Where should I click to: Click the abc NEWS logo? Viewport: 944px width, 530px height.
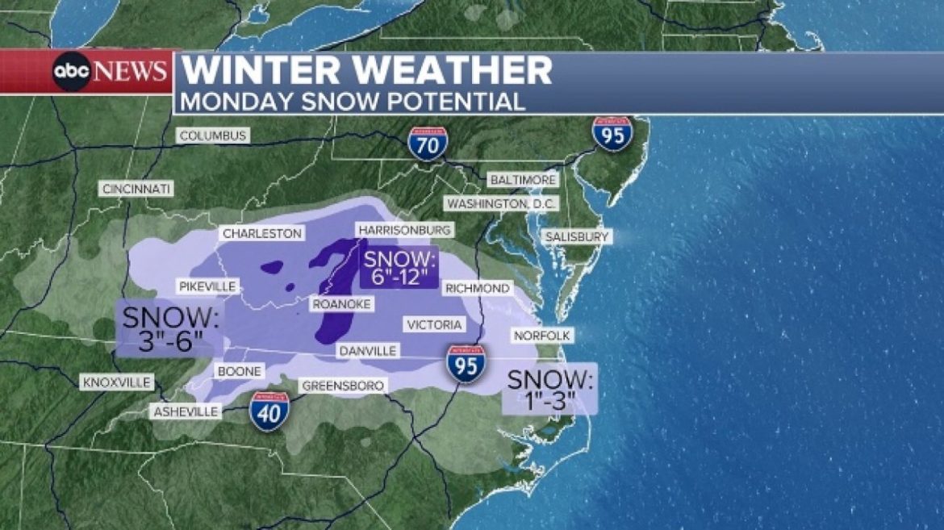(111, 72)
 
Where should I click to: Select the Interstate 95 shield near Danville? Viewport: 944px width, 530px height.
(466, 363)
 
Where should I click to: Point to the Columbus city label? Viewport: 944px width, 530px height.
(213, 136)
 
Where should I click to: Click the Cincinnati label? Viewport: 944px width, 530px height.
(136, 189)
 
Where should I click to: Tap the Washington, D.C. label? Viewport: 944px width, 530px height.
(502, 204)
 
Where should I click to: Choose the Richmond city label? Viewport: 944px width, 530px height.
(477, 288)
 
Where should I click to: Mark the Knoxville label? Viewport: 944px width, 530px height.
(116, 382)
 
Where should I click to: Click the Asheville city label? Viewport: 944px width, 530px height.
(186, 411)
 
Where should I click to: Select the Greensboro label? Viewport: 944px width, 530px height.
(342, 386)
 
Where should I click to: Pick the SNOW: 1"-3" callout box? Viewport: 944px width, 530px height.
(549, 390)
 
